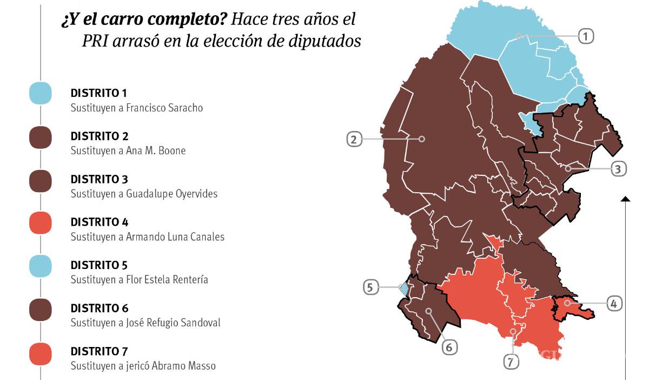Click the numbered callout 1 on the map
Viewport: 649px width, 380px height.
point(585,36)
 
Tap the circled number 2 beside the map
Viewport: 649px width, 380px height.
point(354,139)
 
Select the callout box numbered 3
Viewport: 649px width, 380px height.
point(618,169)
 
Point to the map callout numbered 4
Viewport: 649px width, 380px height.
point(613,304)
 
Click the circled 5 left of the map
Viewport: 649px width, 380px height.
point(370,287)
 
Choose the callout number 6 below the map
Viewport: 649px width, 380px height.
point(449,346)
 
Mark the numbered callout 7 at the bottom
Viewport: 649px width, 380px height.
point(511,362)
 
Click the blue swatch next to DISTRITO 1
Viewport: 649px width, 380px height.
point(41,94)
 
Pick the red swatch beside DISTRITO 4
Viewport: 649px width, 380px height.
point(41,223)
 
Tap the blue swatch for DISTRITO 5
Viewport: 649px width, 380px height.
point(41,266)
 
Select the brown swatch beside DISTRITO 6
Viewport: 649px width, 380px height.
point(41,309)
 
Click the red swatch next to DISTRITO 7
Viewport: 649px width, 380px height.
point(41,352)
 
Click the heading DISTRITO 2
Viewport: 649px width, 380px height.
point(100,136)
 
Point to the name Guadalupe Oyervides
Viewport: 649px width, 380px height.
point(171,193)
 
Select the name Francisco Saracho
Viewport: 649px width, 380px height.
point(164,108)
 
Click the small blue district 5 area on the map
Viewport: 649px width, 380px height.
point(403,288)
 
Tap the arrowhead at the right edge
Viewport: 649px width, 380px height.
point(625,199)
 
